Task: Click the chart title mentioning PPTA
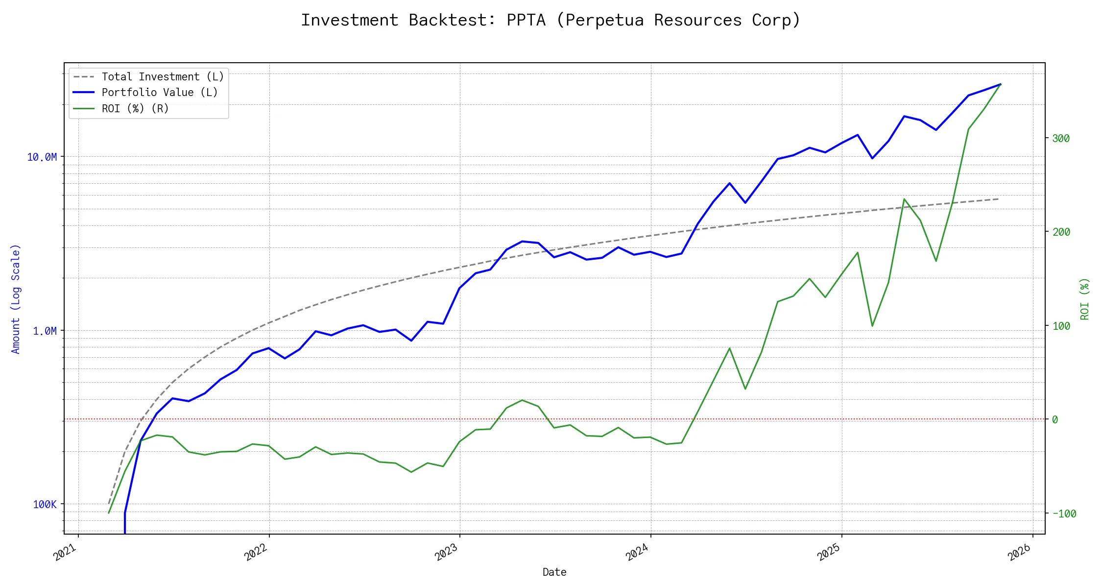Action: [551, 20]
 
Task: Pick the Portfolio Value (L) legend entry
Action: [160, 93]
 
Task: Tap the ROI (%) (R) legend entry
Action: [135, 109]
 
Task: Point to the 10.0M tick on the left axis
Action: [42, 157]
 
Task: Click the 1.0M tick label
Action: [45, 331]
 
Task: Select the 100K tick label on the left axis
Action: [45, 505]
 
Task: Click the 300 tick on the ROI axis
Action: [1061, 139]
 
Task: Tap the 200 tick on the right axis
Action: [1061, 232]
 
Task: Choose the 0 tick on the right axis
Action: [1055, 420]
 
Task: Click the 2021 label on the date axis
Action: [66, 553]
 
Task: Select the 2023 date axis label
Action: [447, 553]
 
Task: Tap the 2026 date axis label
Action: [1020, 553]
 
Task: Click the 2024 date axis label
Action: [638, 553]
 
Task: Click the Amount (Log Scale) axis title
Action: [16, 299]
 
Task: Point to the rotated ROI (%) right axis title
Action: [1085, 299]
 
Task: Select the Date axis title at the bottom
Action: [554, 572]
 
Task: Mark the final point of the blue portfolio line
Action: [1001, 84]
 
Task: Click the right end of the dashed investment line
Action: [999, 199]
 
